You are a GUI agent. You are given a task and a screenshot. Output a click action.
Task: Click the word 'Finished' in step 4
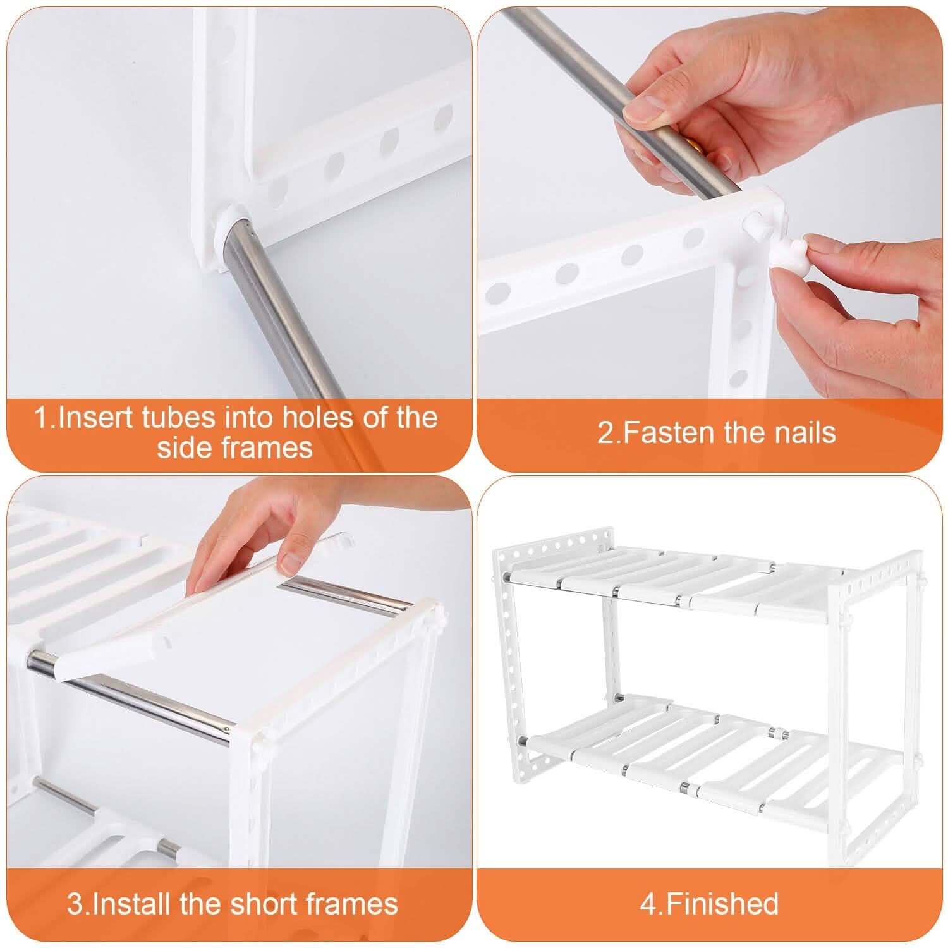tap(722, 904)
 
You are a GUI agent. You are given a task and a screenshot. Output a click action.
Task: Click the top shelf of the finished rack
tap(670, 578)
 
